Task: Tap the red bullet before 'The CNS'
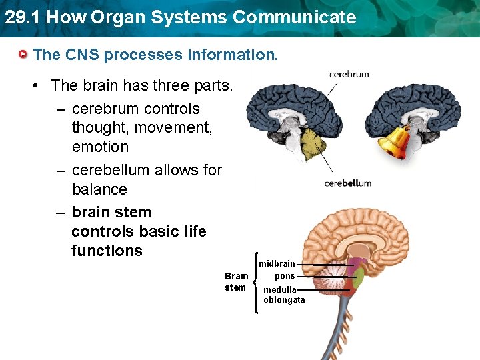click(x=24, y=55)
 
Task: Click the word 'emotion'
click(x=100, y=147)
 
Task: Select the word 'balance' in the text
click(x=99, y=189)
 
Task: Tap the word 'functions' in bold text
click(x=107, y=251)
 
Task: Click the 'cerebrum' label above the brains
click(x=349, y=75)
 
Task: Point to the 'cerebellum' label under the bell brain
click(x=347, y=183)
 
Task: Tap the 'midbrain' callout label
click(x=277, y=264)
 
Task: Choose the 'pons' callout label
click(x=285, y=276)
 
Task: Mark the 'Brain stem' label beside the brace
click(x=236, y=281)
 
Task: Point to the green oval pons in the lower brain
click(x=358, y=277)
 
